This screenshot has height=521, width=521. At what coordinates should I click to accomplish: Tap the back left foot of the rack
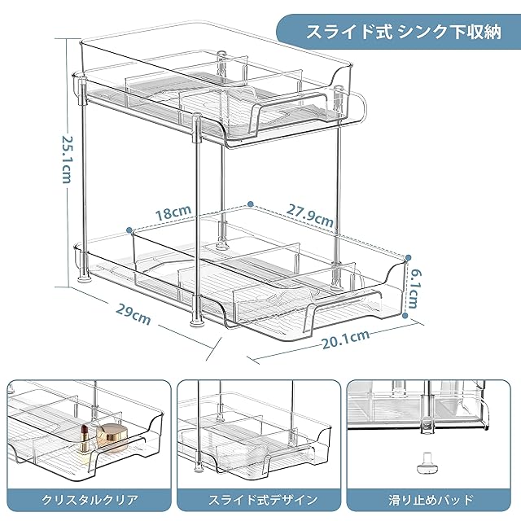tap(78, 278)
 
